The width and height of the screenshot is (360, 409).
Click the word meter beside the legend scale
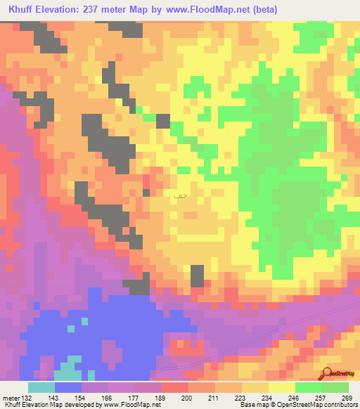tap(10, 397)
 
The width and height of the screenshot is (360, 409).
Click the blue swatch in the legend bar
tap(68, 387)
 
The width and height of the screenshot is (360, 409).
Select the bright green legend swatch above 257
tap(309, 387)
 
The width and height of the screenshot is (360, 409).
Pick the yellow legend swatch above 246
tap(282, 387)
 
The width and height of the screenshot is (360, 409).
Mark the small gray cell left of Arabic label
tap(146, 192)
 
